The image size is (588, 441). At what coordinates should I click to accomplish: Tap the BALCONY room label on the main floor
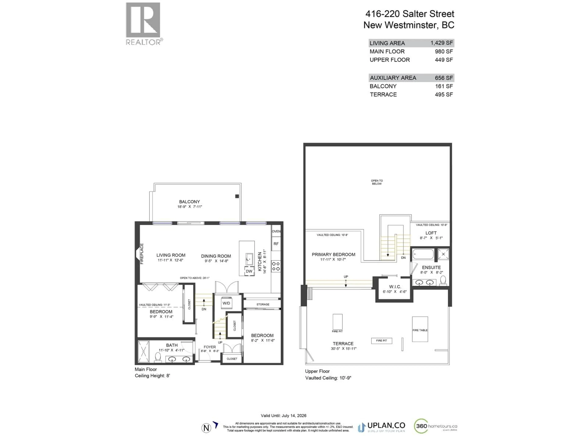click(189, 202)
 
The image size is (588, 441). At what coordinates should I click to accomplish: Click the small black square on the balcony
click(237, 196)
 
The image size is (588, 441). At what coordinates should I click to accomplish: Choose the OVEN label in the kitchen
click(276, 231)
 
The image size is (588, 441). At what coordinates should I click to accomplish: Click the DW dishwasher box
click(249, 271)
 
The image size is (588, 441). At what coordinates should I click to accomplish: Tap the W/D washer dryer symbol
click(226, 303)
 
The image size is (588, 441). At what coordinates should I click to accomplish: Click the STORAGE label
click(263, 304)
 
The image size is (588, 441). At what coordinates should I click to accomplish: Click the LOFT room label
click(431, 233)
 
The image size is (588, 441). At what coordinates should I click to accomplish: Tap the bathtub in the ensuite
click(423, 254)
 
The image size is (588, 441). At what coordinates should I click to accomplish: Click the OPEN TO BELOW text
click(377, 182)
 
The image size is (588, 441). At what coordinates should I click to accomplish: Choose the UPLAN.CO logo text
click(386, 426)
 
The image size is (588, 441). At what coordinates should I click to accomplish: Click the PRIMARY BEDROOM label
click(333, 254)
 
